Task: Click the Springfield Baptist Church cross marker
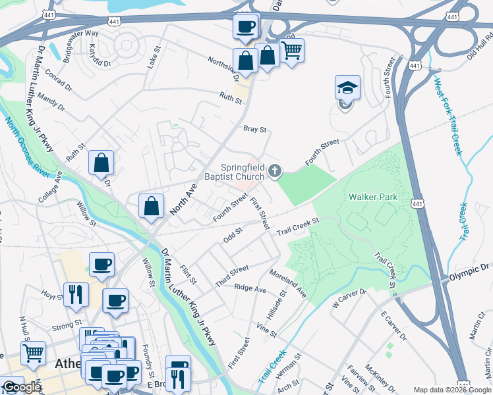tap(275, 172)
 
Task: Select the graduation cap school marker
tap(348, 88)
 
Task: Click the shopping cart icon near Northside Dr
tap(291, 49)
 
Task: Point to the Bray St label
tap(254, 130)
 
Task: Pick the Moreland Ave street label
tap(287, 281)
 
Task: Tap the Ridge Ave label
tap(250, 288)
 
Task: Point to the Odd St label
tap(233, 235)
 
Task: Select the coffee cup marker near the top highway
tap(246, 27)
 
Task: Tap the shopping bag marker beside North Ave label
tap(151, 205)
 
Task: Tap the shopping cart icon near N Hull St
tap(32, 353)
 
